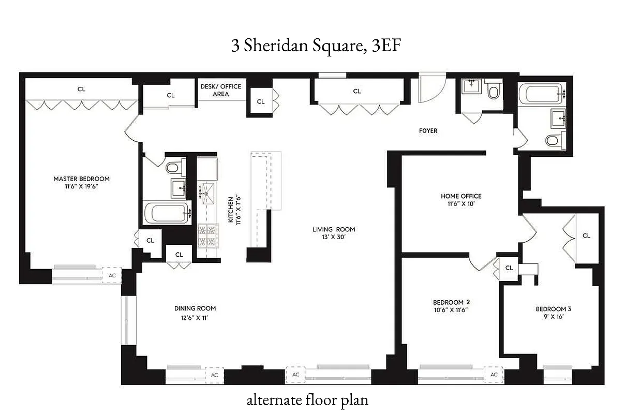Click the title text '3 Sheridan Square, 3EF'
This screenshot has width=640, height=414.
click(317, 46)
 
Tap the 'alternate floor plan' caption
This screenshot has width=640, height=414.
click(307, 400)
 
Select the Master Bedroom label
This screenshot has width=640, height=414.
click(81, 179)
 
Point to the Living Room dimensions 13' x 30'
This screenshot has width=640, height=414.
click(333, 238)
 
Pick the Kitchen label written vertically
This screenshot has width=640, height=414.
click(231, 209)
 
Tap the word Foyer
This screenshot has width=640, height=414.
click(428, 131)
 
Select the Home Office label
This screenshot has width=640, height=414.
click(460, 196)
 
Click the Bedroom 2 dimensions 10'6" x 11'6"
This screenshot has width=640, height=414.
click(451, 310)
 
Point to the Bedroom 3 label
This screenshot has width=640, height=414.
click(553, 309)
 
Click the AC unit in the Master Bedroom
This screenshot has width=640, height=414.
click(112, 276)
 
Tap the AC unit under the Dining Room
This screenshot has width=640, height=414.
click(214, 375)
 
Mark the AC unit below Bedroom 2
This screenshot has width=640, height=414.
click(494, 375)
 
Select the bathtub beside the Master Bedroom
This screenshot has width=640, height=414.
click(167, 213)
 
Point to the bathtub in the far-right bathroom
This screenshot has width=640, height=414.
click(542, 95)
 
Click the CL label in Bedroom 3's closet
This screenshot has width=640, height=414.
click(586, 235)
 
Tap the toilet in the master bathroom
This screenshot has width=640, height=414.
click(173, 167)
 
